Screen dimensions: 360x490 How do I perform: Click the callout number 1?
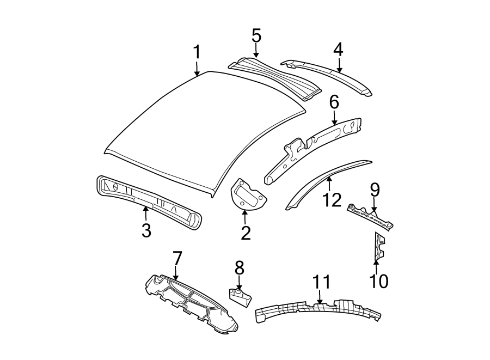[197, 53]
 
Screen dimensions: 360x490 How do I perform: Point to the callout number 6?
[334, 101]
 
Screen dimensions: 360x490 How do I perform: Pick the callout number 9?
[375, 190]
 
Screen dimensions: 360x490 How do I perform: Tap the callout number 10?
[378, 281]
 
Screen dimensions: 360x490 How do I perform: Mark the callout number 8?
[240, 267]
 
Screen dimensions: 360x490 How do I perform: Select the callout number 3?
[146, 230]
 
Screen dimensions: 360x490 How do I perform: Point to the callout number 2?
[246, 233]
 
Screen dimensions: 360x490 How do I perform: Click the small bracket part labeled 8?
[240, 297]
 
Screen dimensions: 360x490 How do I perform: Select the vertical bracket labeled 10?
[378, 246]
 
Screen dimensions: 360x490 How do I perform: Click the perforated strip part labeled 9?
[370, 217]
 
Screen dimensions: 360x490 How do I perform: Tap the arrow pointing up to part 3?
[146, 213]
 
